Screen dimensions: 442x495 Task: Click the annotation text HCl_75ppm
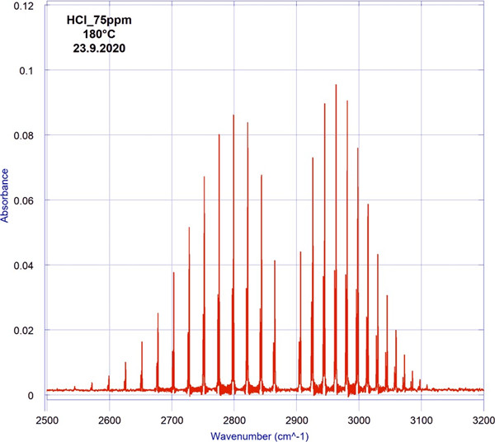pyautogui.click(x=98, y=21)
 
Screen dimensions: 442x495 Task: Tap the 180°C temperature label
pyautogui.click(x=98, y=35)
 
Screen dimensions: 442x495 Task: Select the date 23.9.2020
pyautogui.click(x=98, y=49)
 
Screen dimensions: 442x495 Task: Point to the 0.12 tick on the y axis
pyautogui.click(x=28, y=7)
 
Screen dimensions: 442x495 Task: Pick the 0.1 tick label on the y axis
pyautogui.click(x=31, y=71)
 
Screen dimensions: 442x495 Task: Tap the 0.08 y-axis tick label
pyautogui.click(x=28, y=136)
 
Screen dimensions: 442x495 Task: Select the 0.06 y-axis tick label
pyautogui.click(x=28, y=200)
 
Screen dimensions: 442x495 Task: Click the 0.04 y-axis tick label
pyautogui.click(x=28, y=266)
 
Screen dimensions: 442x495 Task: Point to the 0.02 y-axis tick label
pyautogui.click(x=28, y=331)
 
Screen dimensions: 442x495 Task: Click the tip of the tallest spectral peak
pyautogui.click(x=336, y=85)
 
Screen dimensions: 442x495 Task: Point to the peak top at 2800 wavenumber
pyautogui.click(x=233, y=115)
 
